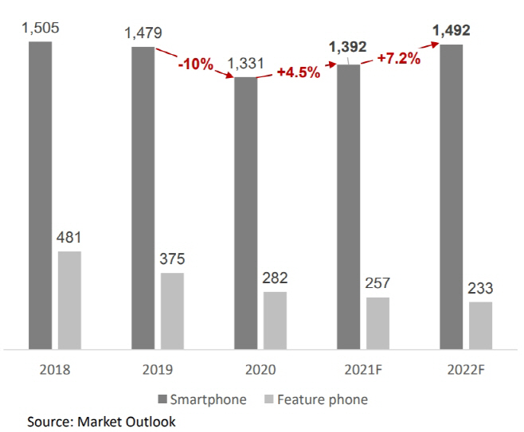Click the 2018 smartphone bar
[x=41, y=195]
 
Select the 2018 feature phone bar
[x=69, y=300]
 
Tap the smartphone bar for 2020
[x=246, y=213]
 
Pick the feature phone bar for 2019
[x=172, y=311]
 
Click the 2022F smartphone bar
[x=452, y=197]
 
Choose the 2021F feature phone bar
[x=377, y=323]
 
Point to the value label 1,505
[x=41, y=29]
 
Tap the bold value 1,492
[x=452, y=31]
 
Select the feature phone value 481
[x=69, y=237]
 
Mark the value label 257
[x=377, y=284]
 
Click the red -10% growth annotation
[x=195, y=64]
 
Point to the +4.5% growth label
[x=298, y=72]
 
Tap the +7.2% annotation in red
[x=398, y=59]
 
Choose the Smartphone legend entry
[x=201, y=399]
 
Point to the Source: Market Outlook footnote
[x=101, y=420]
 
